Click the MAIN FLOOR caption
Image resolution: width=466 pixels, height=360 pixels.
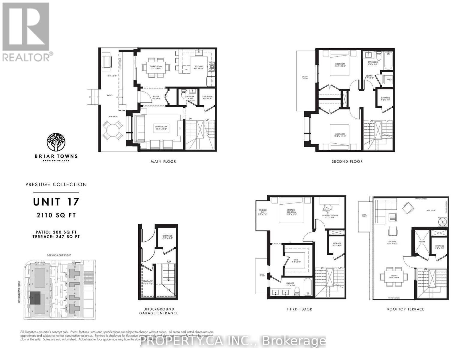pyautogui.click(x=163, y=161)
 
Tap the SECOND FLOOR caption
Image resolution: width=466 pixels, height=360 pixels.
pyautogui.click(x=347, y=161)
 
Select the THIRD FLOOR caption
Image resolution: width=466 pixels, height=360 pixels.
pyautogui.click(x=299, y=309)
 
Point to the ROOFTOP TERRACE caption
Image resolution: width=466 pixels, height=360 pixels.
pyautogui.click(x=406, y=309)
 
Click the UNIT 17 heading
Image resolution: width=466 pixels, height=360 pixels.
pyautogui.click(x=56, y=202)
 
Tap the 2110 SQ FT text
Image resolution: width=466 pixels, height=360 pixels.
pyautogui.click(x=56, y=215)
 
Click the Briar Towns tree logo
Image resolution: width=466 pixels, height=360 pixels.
pyautogui.click(x=56, y=142)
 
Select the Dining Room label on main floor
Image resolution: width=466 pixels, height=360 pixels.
pyautogui.click(x=156, y=67)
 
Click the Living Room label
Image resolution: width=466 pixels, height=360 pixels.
pyautogui.click(x=161, y=127)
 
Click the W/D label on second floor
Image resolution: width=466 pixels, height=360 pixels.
pyautogui.click(x=389, y=79)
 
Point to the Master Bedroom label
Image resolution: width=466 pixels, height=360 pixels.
pyautogui.click(x=290, y=211)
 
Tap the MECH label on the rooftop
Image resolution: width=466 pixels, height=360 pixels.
pyautogui.click(x=422, y=241)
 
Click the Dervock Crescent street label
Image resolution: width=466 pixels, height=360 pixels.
pyautogui.click(x=59, y=255)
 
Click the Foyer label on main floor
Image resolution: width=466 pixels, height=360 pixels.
pyautogui.click(x=156, y=97)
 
